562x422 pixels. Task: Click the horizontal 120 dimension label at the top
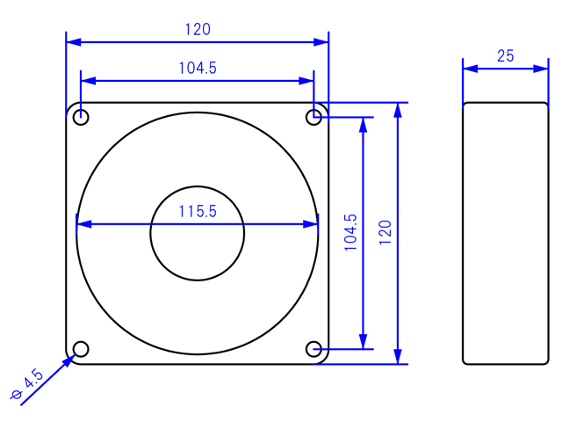coord(198,29)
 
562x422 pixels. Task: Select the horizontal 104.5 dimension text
coord(198,68)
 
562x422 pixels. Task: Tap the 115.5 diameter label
coord(198,211)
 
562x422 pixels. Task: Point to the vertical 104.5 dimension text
coord(350,232)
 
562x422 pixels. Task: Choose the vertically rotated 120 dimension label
coord(385,232)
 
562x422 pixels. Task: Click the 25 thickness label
coord(506,56)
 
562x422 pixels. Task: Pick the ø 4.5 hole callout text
coord(27,384)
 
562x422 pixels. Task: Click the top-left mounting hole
coord(81,117)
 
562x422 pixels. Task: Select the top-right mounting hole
coord(313,117)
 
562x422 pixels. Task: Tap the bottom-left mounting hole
coord(81,349)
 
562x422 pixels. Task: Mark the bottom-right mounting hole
coord(313,349)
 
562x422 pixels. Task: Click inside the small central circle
coord(197,233)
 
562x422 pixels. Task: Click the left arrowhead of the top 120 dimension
coord(74,42)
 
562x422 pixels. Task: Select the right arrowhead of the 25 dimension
coord(541,69)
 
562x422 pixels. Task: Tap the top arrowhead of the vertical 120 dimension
coord(398,110)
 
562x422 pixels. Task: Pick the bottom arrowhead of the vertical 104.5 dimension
coord(363,341)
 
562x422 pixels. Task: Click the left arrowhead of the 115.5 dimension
coord(84,224)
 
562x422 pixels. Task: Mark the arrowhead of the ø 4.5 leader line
coord(69,360)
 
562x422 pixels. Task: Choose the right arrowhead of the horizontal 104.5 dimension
coord(306,81)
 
